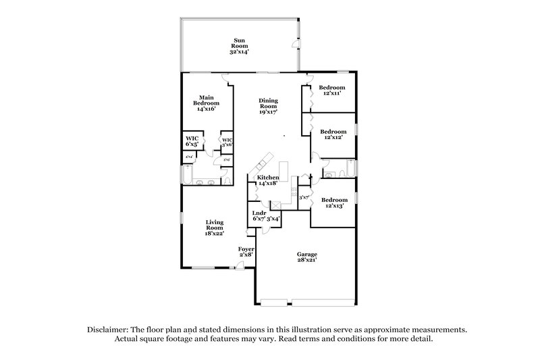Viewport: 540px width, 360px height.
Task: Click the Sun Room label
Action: [x=240, y=45]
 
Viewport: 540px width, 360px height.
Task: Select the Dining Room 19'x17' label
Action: [x=269, y=106]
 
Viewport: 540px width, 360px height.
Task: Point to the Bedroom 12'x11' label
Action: [x=332, y=90]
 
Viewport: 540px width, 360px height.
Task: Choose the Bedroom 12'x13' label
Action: [x=333, y=203]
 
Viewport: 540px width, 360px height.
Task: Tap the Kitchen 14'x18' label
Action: [x=268, y=180]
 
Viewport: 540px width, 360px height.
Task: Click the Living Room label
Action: [x=215, y=228]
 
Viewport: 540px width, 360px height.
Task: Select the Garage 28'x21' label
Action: [x=306, y=257]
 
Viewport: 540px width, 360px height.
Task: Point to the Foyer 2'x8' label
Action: [x=246, y=252]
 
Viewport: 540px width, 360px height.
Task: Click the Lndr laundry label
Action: [x=259, y=216]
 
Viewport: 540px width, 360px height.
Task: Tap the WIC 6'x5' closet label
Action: [x=192, y=141]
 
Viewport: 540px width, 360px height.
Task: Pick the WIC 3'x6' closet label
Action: [x=227, y=142]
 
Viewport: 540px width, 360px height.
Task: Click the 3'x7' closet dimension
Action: [x=303, y=198]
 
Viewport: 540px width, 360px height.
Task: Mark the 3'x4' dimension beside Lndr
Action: [x=273, y=219]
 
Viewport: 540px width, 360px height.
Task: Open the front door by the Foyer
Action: [x=250, y=264]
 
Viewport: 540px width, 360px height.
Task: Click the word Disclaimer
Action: [x=109, y=329]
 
